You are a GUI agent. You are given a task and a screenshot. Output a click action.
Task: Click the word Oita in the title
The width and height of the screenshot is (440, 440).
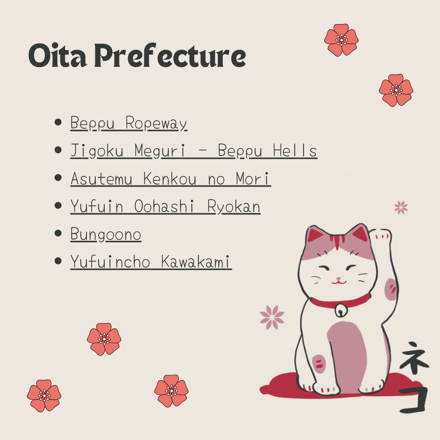[x=57, y=55]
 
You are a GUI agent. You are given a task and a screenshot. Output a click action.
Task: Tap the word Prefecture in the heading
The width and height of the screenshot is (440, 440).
[x=170, y=55]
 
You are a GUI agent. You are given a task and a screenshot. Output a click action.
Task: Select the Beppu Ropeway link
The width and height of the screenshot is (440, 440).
[x=129, y=123]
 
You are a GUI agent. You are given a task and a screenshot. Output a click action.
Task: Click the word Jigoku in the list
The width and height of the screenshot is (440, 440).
[x=97, y=151]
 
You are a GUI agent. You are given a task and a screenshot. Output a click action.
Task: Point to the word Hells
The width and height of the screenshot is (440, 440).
[x=295, y=150]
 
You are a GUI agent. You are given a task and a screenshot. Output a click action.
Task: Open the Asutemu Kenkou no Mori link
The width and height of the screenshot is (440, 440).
[x=171, y=179]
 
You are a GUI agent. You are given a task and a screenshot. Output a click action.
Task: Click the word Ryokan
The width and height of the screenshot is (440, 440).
[x=234, y=207]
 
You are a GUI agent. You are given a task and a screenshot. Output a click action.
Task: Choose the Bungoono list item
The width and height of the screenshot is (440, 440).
[x=106, y=234]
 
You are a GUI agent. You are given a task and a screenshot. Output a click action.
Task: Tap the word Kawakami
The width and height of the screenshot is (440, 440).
[x=196, y=262]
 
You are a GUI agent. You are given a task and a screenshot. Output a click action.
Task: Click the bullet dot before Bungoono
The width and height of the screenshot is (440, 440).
[x=58, y=233]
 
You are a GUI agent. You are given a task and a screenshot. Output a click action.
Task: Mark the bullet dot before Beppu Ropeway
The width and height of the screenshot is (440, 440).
[x=58, y=122]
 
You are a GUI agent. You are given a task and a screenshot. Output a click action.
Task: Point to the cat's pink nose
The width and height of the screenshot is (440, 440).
[x=339, y=279]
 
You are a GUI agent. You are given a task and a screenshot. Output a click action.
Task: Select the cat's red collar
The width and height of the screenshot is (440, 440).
[x=340, y=301]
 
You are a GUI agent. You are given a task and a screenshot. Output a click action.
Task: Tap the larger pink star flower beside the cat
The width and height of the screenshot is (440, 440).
[x=272, y=317]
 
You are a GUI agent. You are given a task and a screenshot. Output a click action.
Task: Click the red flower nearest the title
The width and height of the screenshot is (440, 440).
[x=341, y=40]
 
